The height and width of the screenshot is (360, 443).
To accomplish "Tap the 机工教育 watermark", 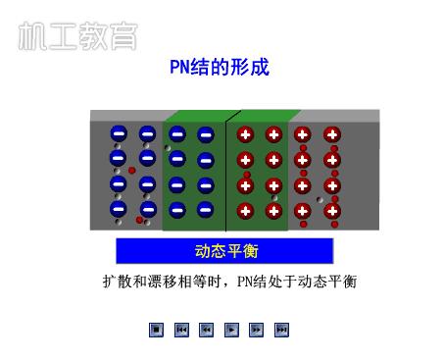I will coord(76,35).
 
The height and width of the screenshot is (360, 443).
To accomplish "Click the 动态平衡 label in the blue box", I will coord(225,251).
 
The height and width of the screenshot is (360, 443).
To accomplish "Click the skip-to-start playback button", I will coord(181,330).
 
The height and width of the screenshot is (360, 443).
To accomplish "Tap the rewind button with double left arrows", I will coord(207,330).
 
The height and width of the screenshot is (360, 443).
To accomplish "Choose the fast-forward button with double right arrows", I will coord(257,330).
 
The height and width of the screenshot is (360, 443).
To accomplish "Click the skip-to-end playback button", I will coord(282,330).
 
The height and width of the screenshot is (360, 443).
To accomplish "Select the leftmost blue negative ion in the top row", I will coord(118,134).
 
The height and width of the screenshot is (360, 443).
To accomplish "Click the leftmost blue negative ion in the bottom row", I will coord(118,208).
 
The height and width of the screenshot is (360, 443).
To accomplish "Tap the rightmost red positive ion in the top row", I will coord(331,134).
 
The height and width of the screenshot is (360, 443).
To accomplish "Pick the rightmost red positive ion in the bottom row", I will coord(331,209).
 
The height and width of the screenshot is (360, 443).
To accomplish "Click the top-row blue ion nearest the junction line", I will coord(206,134).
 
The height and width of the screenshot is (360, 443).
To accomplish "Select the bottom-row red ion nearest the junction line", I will coord(245,209).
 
